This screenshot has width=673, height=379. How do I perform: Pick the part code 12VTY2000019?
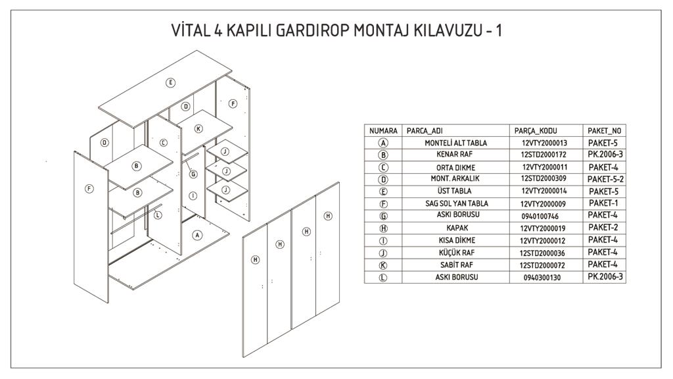tap(543, 228)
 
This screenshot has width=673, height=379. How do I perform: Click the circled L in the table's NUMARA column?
tap(383, 278)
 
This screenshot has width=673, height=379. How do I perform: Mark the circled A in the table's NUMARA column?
tap(383, 143)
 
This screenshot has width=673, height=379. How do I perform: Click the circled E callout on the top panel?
tap(170, 82)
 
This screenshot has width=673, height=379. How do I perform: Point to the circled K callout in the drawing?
tap(198, 129)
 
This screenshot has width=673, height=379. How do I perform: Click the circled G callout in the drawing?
tap(193, 174)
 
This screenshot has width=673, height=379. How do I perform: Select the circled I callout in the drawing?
tap(193, 195)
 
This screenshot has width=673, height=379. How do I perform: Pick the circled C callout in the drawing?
tap(164, 142)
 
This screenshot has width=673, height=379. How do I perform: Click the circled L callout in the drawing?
tap(158, 215)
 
